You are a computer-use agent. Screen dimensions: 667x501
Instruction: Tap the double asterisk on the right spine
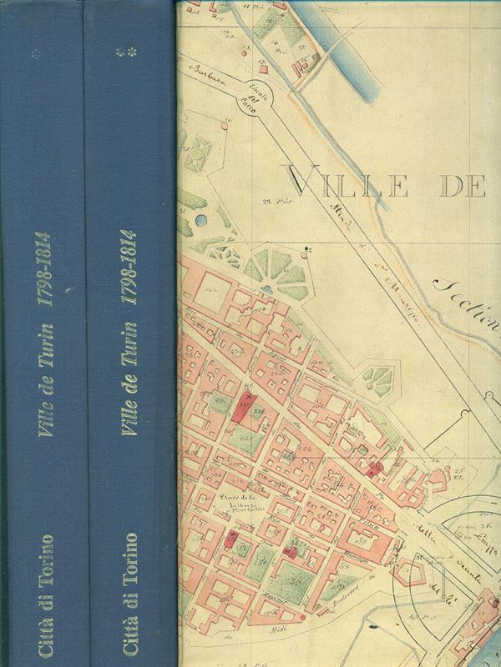(128, 53)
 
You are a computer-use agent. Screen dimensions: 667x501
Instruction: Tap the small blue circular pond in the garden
(201, 220)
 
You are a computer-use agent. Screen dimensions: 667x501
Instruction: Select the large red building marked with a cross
(243, 408)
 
